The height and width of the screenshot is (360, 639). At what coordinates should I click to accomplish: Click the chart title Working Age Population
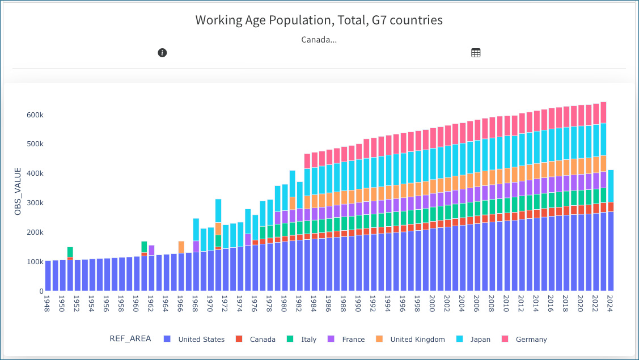click(x=319, y=20)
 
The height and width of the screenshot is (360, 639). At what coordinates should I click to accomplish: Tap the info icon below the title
click(x=162, y=53)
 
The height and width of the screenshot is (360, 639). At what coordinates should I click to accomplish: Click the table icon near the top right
click(x=476, y=53)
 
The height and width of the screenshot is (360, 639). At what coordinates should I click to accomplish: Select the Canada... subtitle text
click(x=319, y=40)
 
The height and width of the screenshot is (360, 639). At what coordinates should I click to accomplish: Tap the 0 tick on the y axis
click(x=41, y=291)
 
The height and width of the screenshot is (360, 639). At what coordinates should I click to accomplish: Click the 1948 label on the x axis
click(x=48, y=303)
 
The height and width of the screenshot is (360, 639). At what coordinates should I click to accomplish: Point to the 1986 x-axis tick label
click(x=329, y=303)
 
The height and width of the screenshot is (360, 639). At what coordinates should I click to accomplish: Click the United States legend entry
click(x=201, y=340)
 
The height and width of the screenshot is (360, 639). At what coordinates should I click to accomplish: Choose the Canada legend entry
click(x=263, y=340)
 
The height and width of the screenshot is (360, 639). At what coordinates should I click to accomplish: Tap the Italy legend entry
click(x=308, y=340)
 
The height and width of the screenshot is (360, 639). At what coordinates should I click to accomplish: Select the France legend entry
click(x=353, y=340)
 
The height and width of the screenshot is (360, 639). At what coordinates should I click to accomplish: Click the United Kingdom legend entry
click(x=417, y=340)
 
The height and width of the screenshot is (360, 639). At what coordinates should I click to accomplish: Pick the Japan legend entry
click(x=480, y=340)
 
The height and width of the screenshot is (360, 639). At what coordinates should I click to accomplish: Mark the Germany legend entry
click(x=531, y=340)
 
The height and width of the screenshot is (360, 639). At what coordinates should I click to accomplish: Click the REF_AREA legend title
click(x=130, y=339)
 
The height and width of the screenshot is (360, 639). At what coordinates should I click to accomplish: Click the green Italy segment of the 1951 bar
click(x=70, y=252)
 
